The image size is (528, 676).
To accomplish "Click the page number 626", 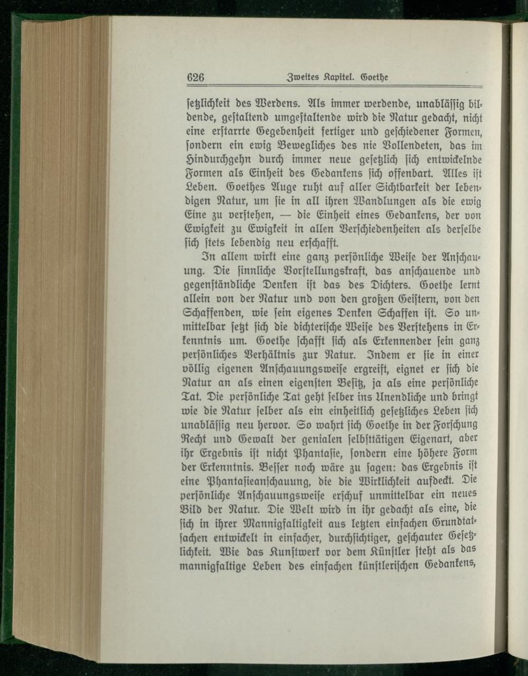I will [x=195, y=78].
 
